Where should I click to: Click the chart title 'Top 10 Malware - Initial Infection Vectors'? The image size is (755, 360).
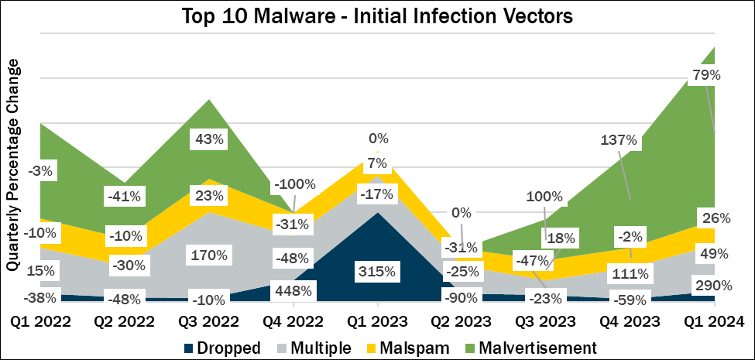377,17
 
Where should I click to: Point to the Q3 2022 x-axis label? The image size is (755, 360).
210,320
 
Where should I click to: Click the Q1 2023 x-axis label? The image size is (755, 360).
377,320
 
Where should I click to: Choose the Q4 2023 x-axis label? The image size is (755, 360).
629,320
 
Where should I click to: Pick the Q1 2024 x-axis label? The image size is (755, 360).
712,320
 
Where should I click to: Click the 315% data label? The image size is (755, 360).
377,271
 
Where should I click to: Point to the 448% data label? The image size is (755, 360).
293,291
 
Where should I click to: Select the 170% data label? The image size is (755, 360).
210,255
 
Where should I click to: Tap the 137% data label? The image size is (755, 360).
619,141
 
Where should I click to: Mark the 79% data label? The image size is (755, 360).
705,76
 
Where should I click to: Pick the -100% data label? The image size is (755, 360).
294,185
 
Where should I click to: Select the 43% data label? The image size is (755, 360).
210,140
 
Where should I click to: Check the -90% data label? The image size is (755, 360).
462,295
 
